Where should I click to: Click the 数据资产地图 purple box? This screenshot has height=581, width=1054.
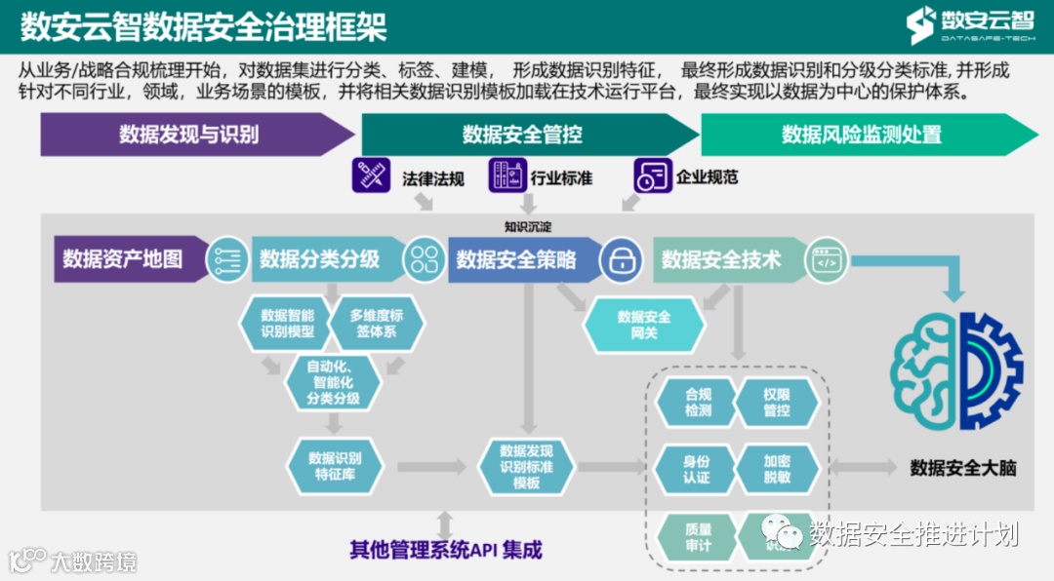pyautogui.click(x=123, y=259)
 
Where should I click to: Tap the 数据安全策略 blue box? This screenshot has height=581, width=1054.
pyautogui.click(x=516, y=259)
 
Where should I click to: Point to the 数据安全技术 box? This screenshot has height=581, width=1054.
pyautogui.click(x=721, y=259)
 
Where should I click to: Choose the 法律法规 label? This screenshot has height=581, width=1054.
pyautogui.click(x=433, y=178)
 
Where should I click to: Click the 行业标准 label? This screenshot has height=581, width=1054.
pyautogui.click(x=561, y=178)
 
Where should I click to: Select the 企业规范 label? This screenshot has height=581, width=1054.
pyautogui.click(x=707, y=177)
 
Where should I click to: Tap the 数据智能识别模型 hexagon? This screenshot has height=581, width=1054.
pyautogui.click(x=288, y=323)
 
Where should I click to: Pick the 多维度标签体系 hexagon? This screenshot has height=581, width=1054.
pyautogui.click(x=376, y=323)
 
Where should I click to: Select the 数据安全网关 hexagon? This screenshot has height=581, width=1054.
pyautogui.click(x=644, y=325)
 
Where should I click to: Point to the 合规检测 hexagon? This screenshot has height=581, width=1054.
pyautogui.click(x=698, y=402)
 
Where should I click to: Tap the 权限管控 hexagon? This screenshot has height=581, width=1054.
pyautogui.click(x=777, y=402)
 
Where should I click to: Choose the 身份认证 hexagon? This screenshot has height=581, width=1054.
pyautogui.click(x=698, y=468)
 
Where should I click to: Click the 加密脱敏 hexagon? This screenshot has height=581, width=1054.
pyautogui.click(x=777, y=468)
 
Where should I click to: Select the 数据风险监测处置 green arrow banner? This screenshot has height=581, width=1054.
pyautogui.click(x=862, y=135)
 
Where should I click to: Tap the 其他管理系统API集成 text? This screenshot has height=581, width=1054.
pyautogui.click(x=446, y=549)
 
